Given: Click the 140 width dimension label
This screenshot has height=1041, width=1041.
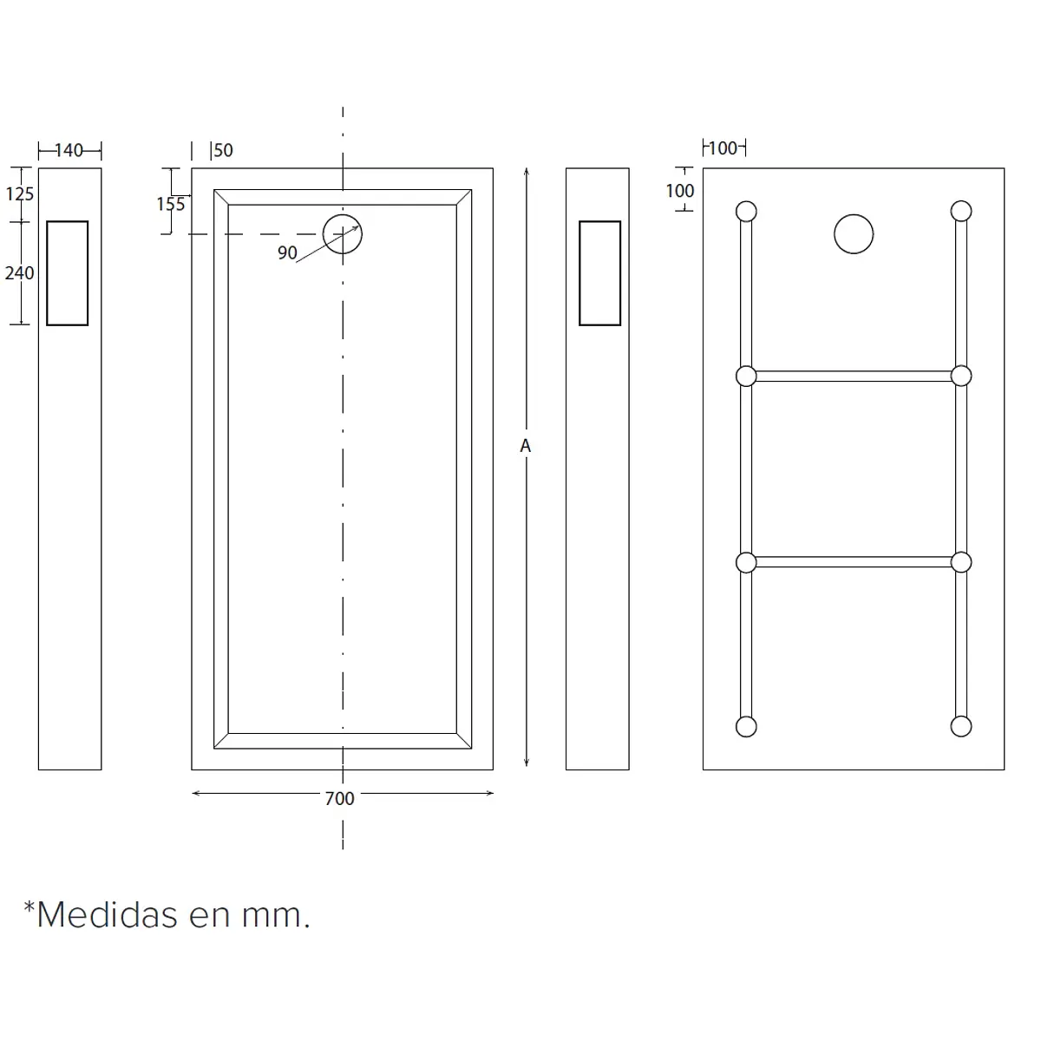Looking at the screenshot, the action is pyautogui.click(x=69, y=150).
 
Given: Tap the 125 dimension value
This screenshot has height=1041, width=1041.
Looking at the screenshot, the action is pyautogui.click(x=19, y=194).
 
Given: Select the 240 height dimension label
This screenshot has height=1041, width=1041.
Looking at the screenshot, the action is pyautogui.click(x=19, y=272).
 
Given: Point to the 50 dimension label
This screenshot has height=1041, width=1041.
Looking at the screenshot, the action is pyautogui.click(x=223, y=150).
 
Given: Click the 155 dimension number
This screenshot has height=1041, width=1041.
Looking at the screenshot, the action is pyautogui.click(x=170, y=204).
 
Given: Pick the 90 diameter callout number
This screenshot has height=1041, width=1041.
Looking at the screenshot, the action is pyautogui.click(x=287, y=252).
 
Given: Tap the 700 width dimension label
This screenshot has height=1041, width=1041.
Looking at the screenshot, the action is pyautogui.click(x=339, y=798).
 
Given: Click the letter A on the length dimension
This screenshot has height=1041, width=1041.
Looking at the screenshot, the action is pyautogui.click(x=525, y=446).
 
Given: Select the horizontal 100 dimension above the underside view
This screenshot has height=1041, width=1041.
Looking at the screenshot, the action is pyautogui.click(x=723, y=148).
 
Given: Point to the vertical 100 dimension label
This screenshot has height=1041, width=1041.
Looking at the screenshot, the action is pyautogui.click(x=679, y=191).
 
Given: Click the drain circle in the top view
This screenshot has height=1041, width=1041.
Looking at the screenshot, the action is pyautogui.click(x=343, y=214).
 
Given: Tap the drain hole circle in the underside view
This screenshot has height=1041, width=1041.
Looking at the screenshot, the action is pyautogui.click(x=854, y=214).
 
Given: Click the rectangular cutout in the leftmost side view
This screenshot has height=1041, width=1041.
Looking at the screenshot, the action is pyautogui.click(x=47, y=272).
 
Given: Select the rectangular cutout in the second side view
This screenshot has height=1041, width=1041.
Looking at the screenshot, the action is pyautogui.click(x=579, y=272).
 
